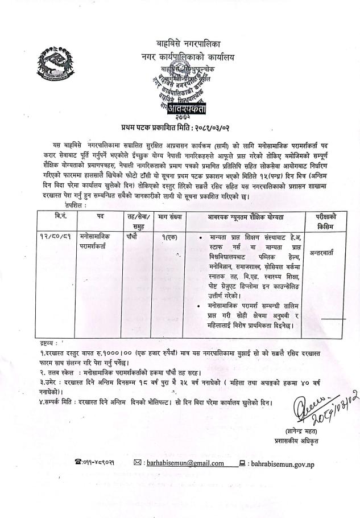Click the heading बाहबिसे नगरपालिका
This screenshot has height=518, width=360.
[191, 43]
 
